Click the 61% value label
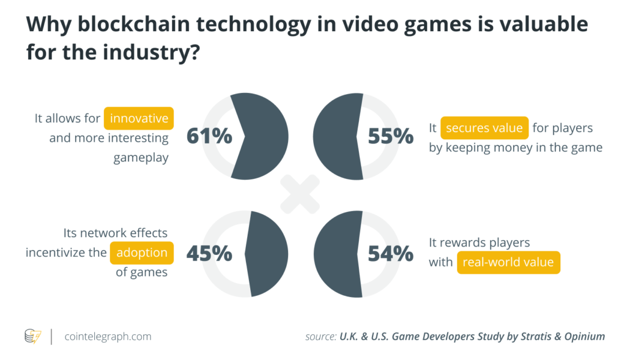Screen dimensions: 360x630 click(x=209, y=137)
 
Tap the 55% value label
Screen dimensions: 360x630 click(x=391, y=137)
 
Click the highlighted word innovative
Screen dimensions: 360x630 click(x=139, y=118)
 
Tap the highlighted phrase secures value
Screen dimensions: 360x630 click(x=484, y=128)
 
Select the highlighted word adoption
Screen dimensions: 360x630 click(x=142, y=253)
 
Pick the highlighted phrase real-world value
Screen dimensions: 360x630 click(x=508, y=262)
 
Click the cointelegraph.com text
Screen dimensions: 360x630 click(x=108, y=337)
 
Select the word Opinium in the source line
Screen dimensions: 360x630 click(x=582, y=337)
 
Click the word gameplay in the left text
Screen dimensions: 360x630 click(x=141, y=157)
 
